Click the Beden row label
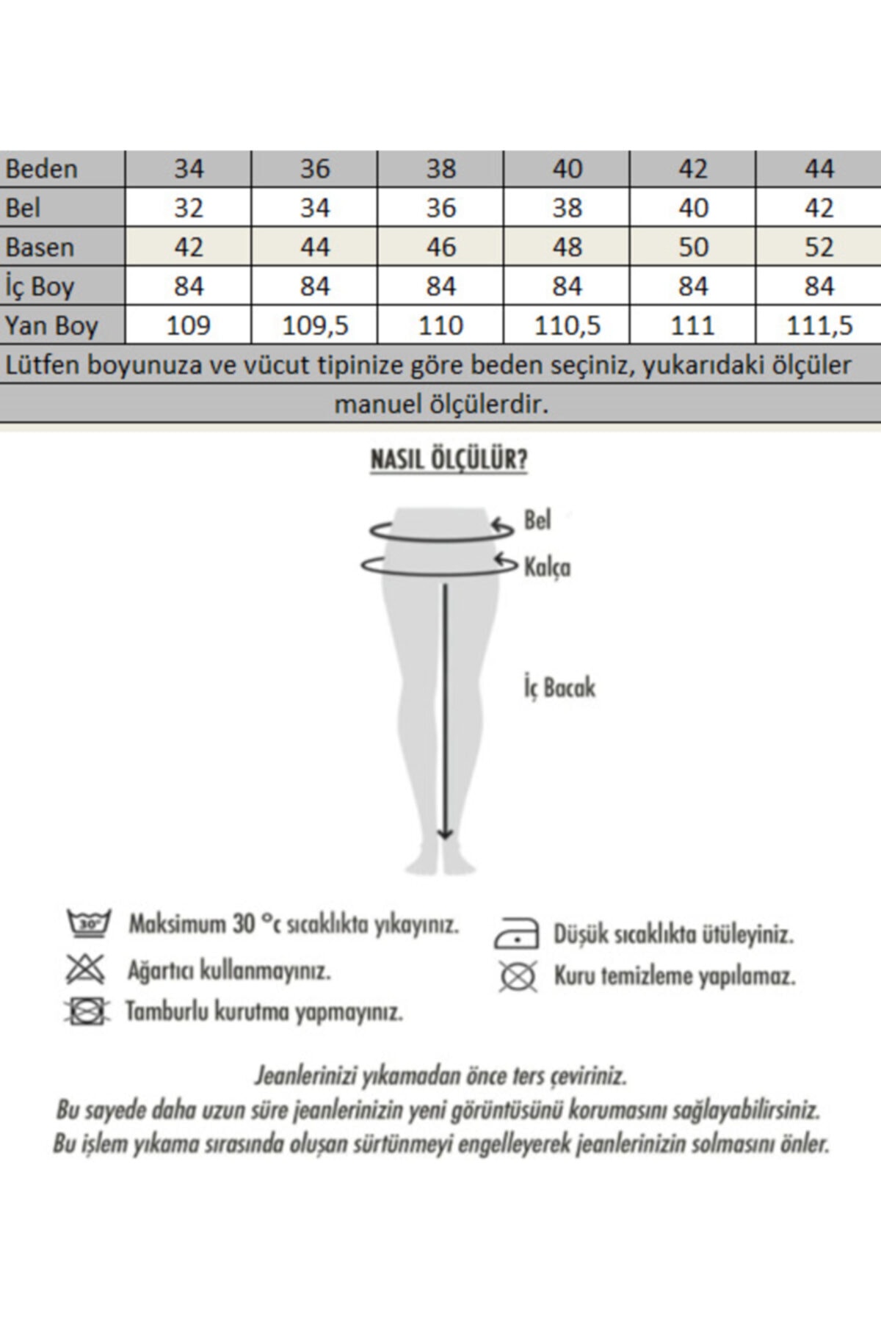41,169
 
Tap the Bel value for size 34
188,208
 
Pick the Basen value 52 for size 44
819,247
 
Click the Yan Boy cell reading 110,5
567,325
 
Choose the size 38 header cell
440,169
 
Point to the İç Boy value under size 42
693,286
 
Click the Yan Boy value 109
188,325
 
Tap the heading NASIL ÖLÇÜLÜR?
449,460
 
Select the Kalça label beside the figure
547,567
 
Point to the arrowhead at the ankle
445,833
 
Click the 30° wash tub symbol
88,923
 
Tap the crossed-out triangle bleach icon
86,969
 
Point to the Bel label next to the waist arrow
537,521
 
